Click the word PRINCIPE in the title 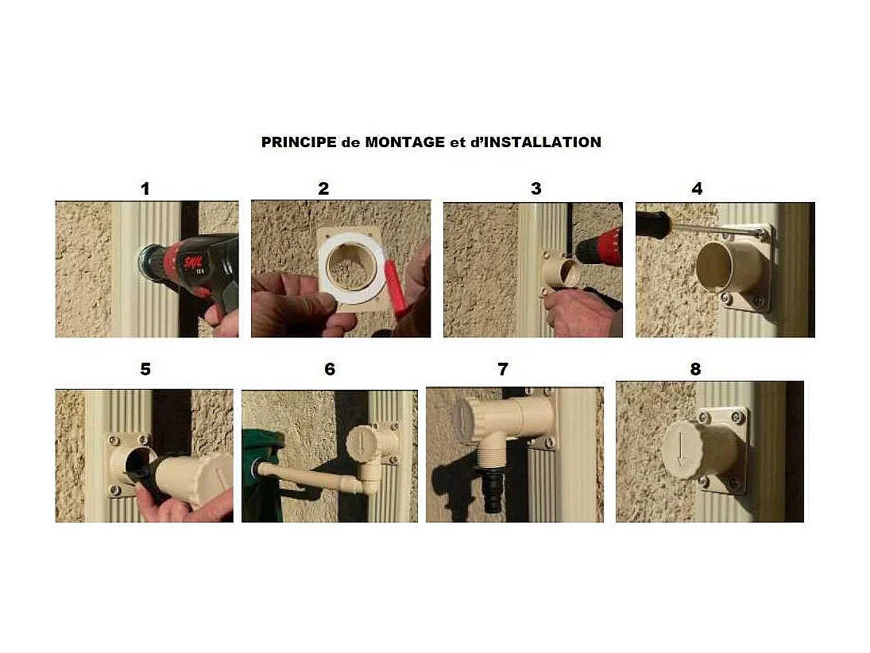point(299,142)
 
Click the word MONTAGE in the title point(404,142)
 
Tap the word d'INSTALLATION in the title point(536,142)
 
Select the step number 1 point(145,189)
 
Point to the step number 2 point(323,189)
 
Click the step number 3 point(536,189)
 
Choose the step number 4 point(697,189)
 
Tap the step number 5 point(145,369)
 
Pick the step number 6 point(330,369)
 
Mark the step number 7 point(503,369)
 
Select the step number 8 point(695,369)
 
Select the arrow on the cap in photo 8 point(680,448)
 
